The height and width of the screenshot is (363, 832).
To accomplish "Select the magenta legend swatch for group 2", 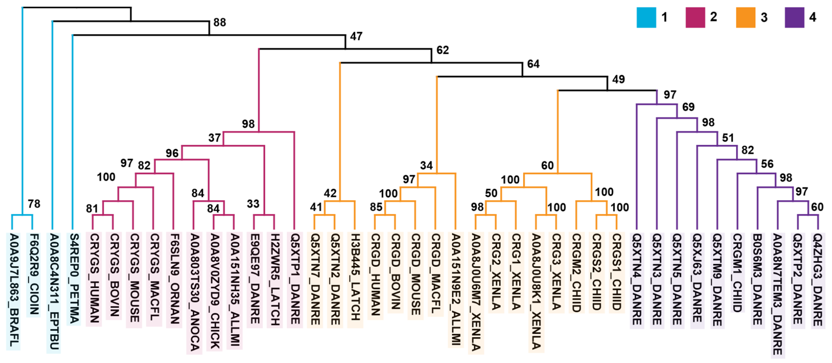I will coord(695,17).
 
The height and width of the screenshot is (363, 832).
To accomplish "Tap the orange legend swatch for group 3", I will coord(745,17).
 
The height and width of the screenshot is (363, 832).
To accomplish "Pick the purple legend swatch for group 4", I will coord(794,17).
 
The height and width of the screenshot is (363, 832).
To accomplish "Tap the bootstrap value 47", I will coord(356,36).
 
